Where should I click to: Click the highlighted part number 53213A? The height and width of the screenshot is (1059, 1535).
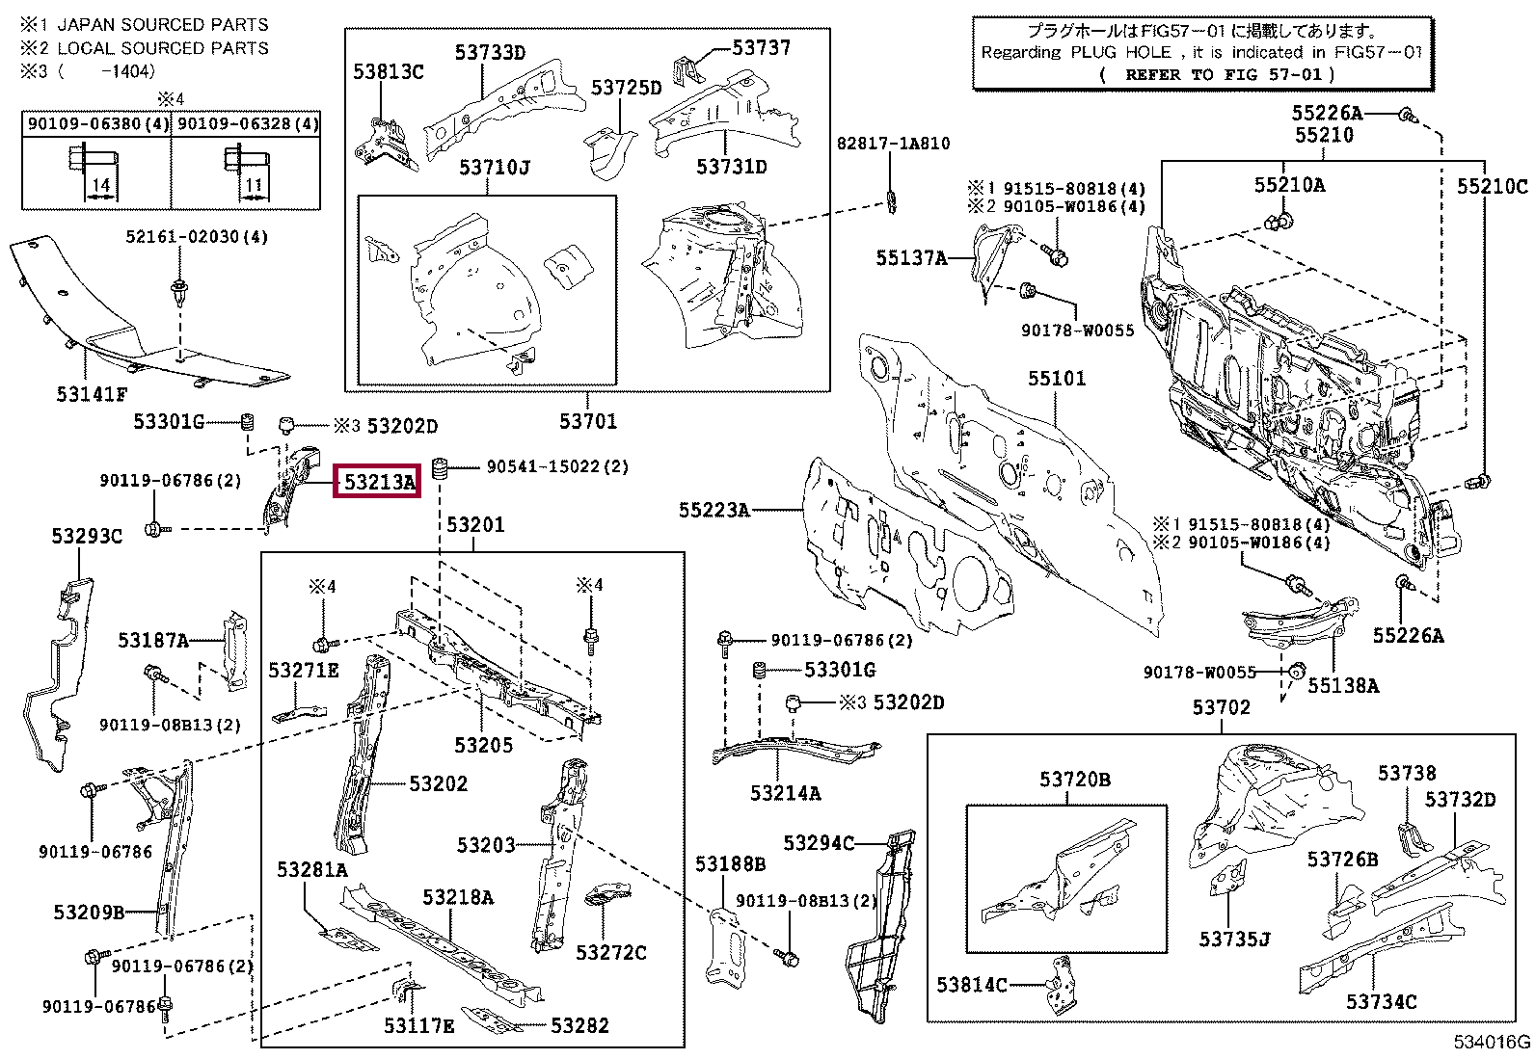coord(379,482)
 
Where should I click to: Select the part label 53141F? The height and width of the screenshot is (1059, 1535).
coord(92,394)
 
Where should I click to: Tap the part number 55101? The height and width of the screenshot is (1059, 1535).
coord(1057,379)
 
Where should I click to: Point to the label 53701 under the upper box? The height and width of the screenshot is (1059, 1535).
coord(588,421)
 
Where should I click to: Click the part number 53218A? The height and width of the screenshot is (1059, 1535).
coord(458,897)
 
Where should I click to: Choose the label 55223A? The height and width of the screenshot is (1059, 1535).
coord(714,510)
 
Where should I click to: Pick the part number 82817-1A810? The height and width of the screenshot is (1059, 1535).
coord(893,144)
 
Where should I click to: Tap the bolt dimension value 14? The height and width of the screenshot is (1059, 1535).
coord(101,185)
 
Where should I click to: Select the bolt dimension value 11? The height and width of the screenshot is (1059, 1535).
coord(254,185)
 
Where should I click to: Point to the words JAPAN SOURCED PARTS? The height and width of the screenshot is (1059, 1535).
coord(163,25)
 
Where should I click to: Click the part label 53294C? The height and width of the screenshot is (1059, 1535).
coord(819,843)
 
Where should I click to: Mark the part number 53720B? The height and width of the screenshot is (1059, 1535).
coord(1074,779)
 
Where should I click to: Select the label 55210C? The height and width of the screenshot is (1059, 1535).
coord(1492,186)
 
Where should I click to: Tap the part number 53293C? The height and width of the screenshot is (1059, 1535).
coord(87,537)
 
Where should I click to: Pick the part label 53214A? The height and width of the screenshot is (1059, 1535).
coord(785,793)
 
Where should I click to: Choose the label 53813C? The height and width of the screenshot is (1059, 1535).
coord(388,71)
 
